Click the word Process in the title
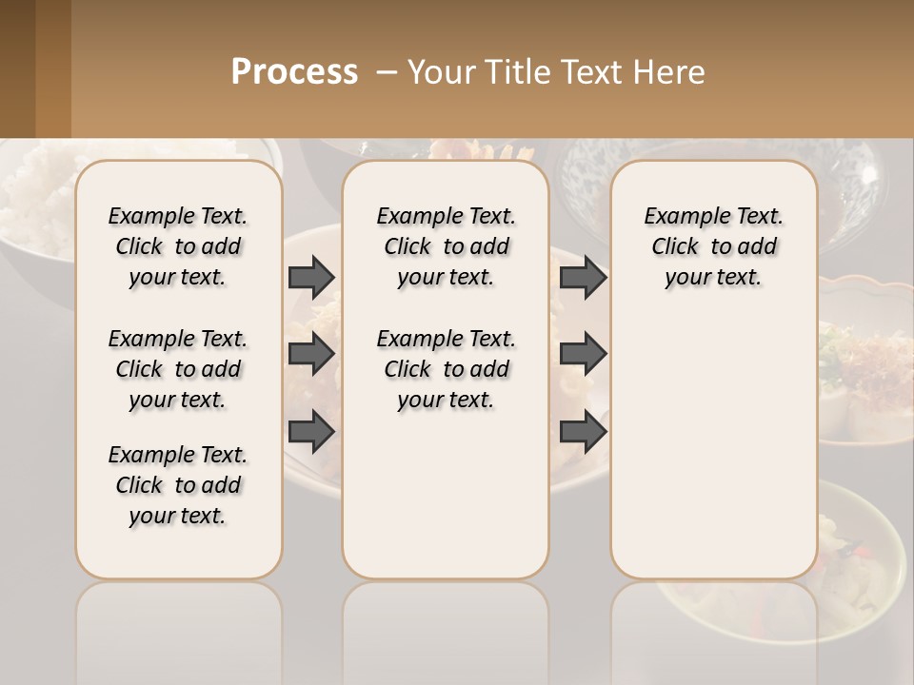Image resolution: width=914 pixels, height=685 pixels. [294, 72]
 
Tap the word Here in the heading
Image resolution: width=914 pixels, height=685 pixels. [672, 72]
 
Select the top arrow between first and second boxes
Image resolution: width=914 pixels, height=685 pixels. [311, 277]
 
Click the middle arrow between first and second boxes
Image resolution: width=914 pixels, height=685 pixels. [311, 354]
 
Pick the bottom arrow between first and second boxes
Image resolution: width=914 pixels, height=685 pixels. [311, 431]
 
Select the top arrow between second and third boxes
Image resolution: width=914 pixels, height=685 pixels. [583, 277]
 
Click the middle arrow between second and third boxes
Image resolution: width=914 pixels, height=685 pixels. [583, 354]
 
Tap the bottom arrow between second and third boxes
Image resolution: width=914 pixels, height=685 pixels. [583, 431]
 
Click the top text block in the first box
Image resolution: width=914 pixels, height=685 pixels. [178, 246]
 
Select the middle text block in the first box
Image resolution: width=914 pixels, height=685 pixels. [178, 369]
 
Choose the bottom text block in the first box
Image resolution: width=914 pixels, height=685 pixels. [178, 485]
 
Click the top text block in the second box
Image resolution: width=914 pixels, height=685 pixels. [446, 246]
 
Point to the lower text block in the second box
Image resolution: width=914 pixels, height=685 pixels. [446, 369]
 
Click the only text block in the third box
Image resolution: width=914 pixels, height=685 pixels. [713, 246]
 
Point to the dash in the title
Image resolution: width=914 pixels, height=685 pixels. [387, 72]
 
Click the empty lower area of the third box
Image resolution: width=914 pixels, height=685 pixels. [713, 457]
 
